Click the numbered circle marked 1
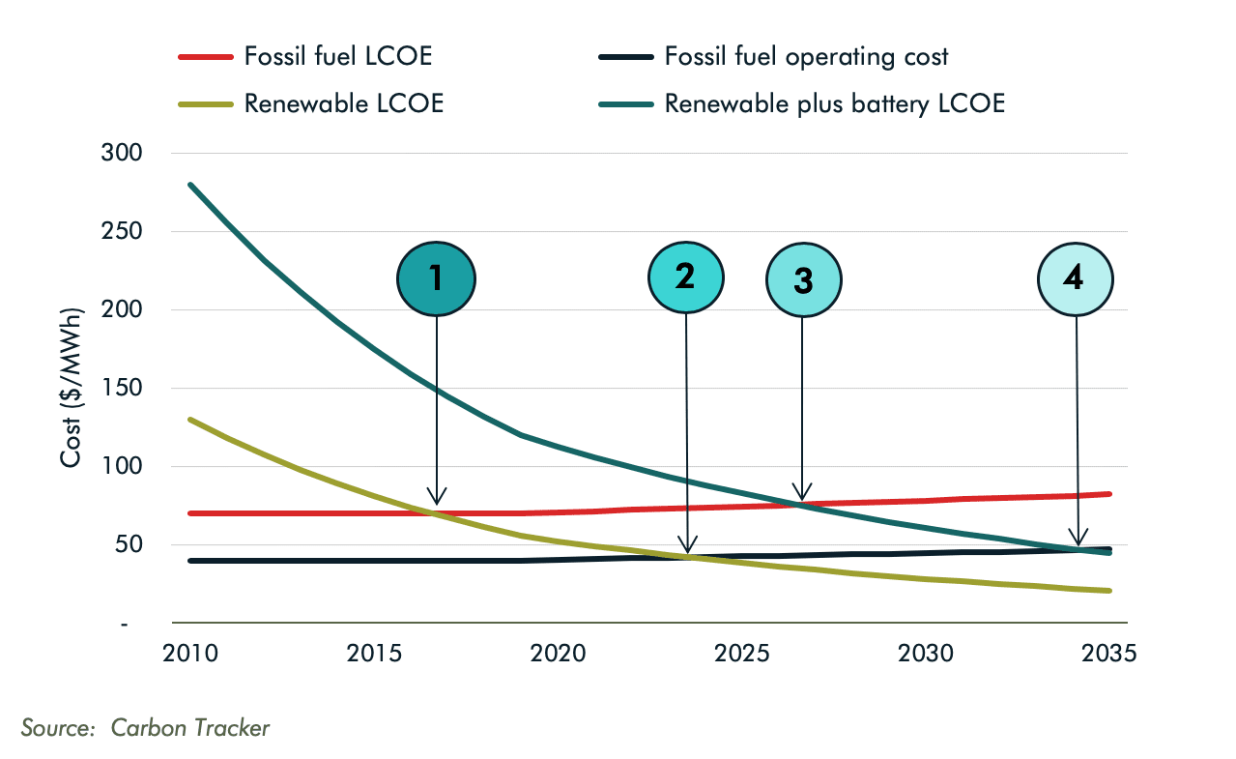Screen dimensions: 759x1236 (x=436, y=278)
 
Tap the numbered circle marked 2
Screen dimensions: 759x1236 (x=685, y=277)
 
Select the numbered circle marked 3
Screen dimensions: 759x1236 (x=803, y=280)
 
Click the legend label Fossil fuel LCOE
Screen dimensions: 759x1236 (x=338, y=56)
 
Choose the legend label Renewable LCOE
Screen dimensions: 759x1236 (x=344, y=103)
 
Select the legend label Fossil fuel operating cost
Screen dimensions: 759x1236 (x=806, y=56)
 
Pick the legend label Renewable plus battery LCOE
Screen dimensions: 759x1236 (x=834, y=103)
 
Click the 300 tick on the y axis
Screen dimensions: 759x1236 (x=122, y=153)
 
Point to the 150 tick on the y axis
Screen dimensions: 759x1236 (x=122, y=388)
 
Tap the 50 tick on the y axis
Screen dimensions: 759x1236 (x=128, y=544)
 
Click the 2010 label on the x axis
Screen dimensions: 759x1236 (x=190, y=653)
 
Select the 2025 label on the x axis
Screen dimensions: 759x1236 (x=741, y=653)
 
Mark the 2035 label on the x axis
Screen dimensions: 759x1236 (x=1108, y=653)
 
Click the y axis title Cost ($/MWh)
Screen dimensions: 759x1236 (x=72, y=388)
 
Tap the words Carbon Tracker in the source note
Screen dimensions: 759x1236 (x=190, y=727)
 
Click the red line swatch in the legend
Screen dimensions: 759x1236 (x=206, y=57)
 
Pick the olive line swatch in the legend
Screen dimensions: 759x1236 (x=206, y=104)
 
